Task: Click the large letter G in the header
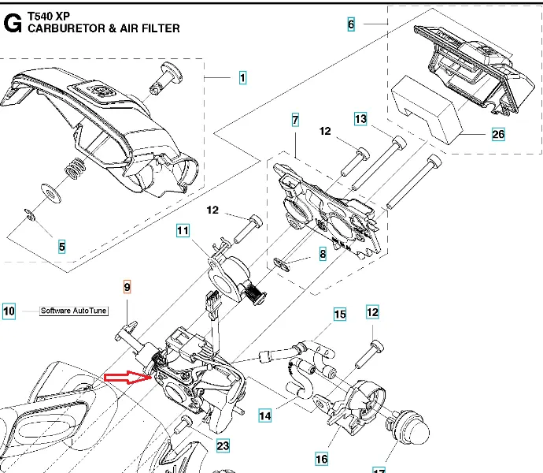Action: pos(13,22)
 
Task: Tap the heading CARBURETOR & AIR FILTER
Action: pos(103,28)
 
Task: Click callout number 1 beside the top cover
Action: pos(242,78)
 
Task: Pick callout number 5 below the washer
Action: pos(61,247)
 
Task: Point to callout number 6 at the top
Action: pos(351,24)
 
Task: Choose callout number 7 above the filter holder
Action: pos(295,121)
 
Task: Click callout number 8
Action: pos(322,255)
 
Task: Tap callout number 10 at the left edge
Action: pos(9,311)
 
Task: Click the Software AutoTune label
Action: pos(72,311)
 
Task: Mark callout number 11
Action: pos(183,231)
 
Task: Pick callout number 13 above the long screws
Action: pos(360,119)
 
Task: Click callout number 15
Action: pos(339,315)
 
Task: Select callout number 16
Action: pos(321,459)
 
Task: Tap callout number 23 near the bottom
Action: pos(223,446)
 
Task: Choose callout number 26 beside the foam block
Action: pos(498,134)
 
